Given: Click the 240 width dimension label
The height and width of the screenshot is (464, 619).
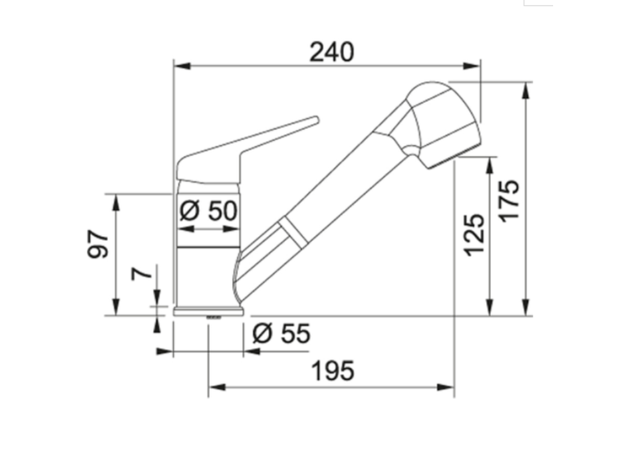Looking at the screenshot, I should tap(331, 53).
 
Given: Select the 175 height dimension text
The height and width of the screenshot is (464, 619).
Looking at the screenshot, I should tap(510, 200).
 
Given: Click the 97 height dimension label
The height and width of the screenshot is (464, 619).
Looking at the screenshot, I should tap(99, 244).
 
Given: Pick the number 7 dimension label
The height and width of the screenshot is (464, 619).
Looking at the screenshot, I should tap(141, 274).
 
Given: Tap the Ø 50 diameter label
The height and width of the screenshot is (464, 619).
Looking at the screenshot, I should tap(209, 211).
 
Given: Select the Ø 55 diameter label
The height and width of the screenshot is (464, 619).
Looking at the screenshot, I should tap(281, 333).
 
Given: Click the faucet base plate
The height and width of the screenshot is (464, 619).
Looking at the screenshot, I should tap(209, 312).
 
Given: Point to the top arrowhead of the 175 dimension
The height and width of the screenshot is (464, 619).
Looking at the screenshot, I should tap(525, 89).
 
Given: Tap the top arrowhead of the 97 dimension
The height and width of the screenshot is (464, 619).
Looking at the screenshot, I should tap(115, 202).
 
